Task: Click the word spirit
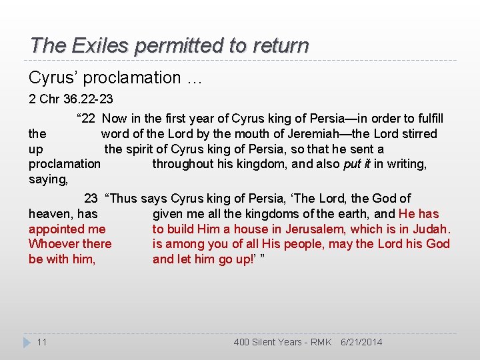point(143,149)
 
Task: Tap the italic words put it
point(356,164)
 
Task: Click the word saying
point(49,179)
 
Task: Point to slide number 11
point(41,342)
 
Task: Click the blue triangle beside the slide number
point(27,342)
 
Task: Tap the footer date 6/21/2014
point(361,342)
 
